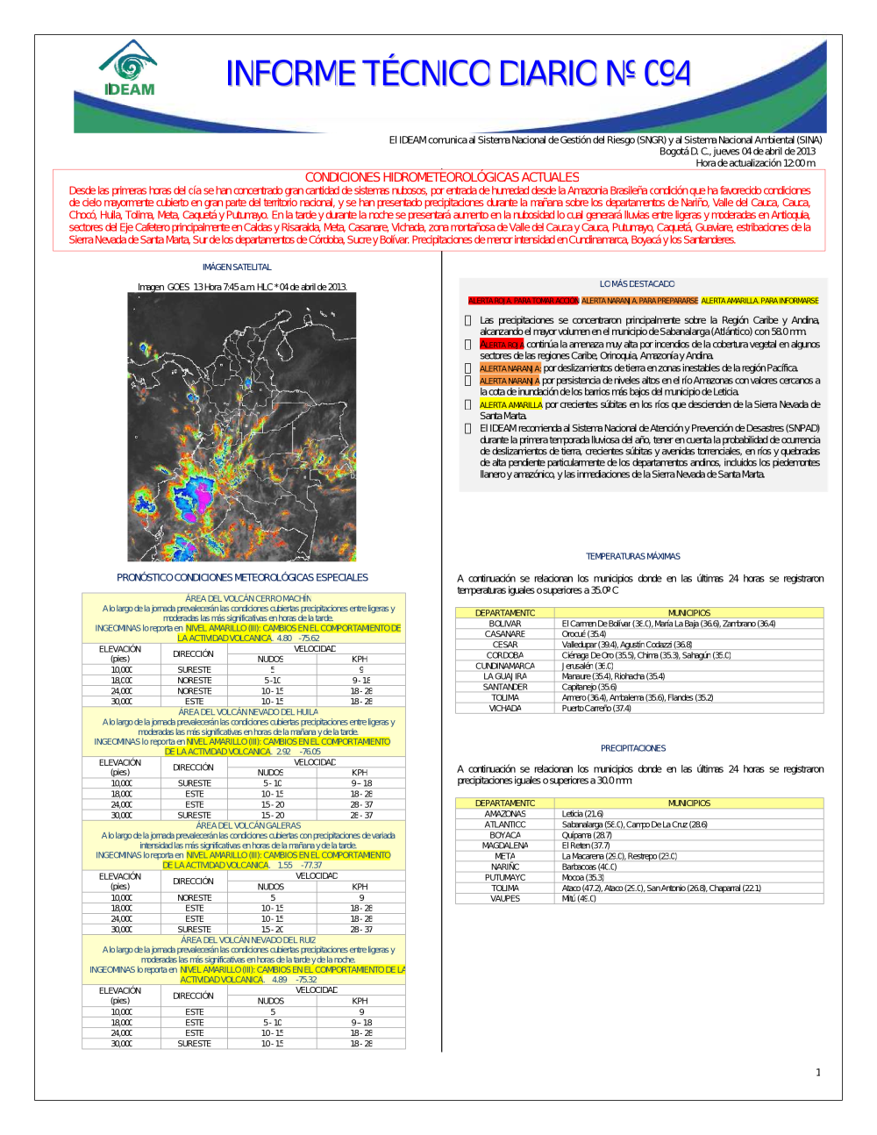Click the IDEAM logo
tap(129, 68)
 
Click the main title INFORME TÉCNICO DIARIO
tap(458, 74)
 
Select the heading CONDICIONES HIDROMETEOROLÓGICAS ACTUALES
tap(441, 177)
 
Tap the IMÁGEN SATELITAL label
tap(237, 267)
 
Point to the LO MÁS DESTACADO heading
tap(637, 284)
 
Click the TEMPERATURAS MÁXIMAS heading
tap(632, 556)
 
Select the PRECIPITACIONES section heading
tap(632, 748)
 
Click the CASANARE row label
tap(505, 634)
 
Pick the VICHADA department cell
tap(505, 708)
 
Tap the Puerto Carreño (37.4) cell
tap(596, 708)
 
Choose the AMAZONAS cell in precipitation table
tap(505, 814)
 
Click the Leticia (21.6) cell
tap(582, 814)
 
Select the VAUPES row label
tap(505, 898)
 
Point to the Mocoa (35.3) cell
tap(583, 877)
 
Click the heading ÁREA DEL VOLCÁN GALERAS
tap(248, 825)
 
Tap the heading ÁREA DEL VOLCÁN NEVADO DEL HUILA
tap(248, 712)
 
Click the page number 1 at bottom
tap(818, 1072)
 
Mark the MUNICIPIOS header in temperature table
tap(689, 613)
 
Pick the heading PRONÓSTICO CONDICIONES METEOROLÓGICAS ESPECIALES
tap(242, 577)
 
